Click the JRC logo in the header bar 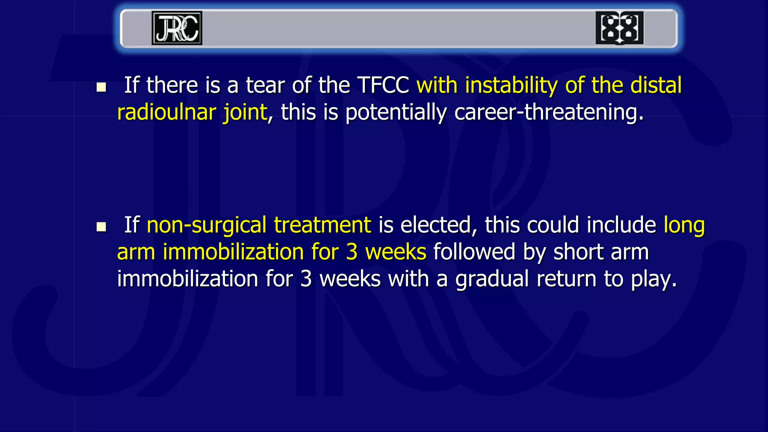click(x=177, y=28)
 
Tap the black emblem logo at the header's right click(x=619, y=28)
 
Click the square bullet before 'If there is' click(x=101, y=87)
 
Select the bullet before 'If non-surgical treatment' click(x=101, y=227)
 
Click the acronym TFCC click(x=382, y=85)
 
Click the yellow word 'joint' click(x=245, y=113)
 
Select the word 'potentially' click(x=396, y=113)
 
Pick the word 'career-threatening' click(x=549, y=113)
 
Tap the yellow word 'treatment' click(x=322, y=225)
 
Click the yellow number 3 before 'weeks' click(x=352, y=252)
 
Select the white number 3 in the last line click(x=306, y=279)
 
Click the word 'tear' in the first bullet click(x=265, y=85)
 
